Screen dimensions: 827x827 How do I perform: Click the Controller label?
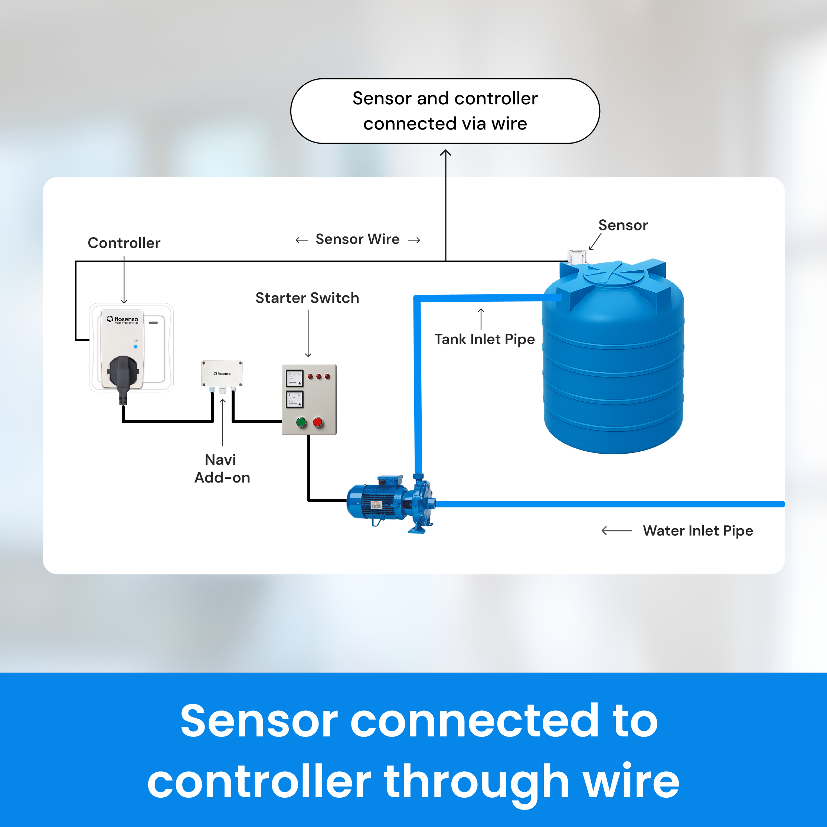[124, 243]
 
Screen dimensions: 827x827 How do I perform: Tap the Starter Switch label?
[307, 298]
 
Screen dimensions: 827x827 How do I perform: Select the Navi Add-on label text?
[222, 468]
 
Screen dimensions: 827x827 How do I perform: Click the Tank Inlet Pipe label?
[484, 339]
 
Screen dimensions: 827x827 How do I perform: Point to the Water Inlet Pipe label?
[697, 531]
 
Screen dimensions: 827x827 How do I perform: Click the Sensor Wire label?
[357, 239]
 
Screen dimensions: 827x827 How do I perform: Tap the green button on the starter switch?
[301, 422]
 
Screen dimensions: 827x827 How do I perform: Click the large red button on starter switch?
[318, 422]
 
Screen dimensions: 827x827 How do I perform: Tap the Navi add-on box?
[222, 373]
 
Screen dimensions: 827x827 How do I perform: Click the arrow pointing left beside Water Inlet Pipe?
[617, 531]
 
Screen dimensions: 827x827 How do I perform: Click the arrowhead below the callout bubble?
[445, 153]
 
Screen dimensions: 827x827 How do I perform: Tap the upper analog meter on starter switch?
[294, 378]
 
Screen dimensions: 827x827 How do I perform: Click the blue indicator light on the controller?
[135, 347]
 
